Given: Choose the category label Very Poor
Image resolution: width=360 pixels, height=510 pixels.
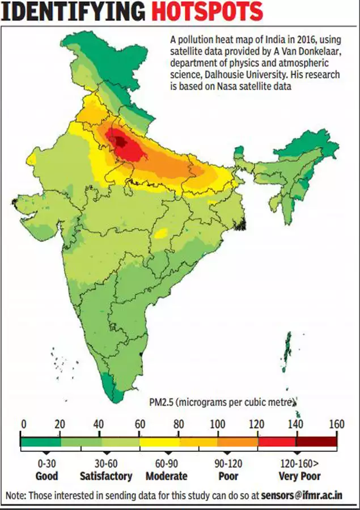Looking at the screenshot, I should coord(299,476).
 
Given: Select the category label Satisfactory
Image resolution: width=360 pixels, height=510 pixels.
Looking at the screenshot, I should coord(106,476).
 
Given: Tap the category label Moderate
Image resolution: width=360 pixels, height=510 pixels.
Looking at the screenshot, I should coord(167,476).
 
